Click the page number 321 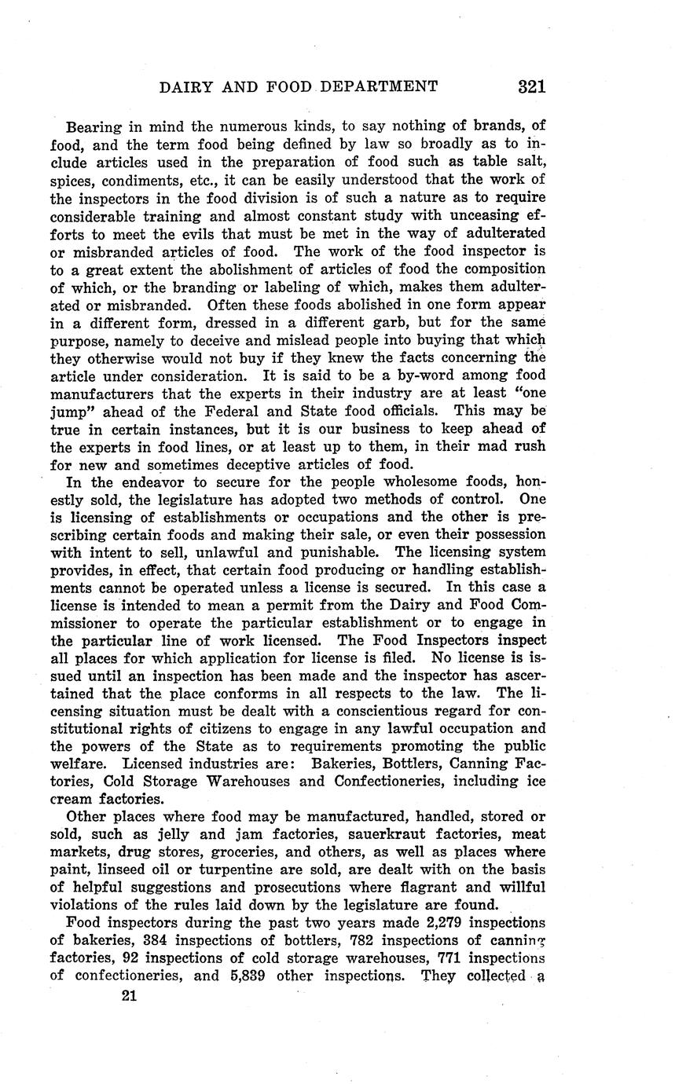532,86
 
